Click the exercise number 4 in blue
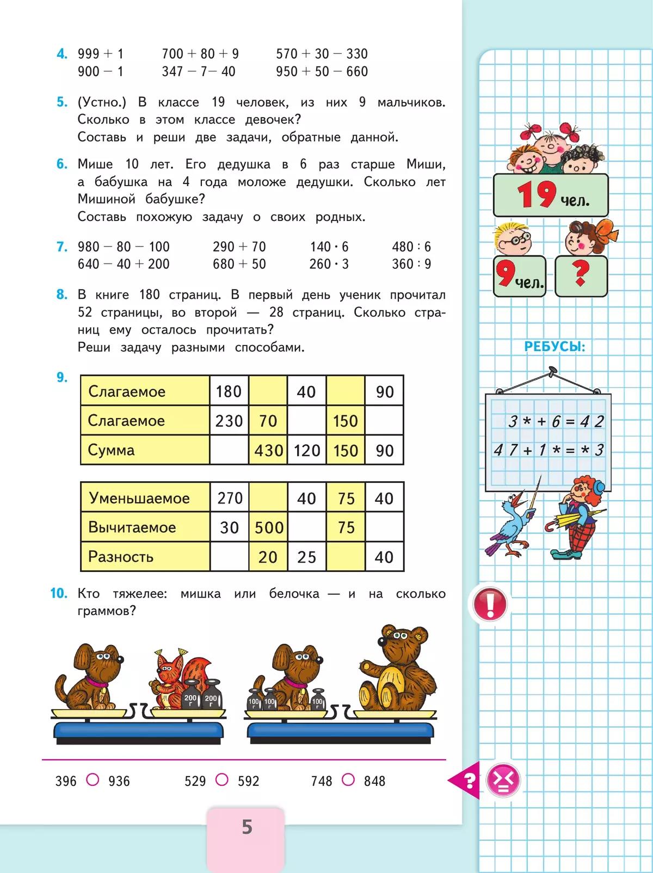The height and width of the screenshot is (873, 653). coord(62,54)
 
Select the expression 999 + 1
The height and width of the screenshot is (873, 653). coord(101,54)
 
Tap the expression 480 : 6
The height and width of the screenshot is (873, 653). coord(411,247)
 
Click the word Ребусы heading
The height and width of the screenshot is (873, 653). coord(555,346)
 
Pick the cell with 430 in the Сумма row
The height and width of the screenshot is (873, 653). coord(268,450)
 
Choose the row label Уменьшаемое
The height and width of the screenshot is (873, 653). coord(139,498)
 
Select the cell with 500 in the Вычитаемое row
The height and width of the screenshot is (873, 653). coord(268,527)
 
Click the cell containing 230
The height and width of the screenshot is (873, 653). coord(229,421)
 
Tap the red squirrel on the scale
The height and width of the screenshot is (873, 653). coord(173,678)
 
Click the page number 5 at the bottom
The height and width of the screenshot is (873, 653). coord(247,827)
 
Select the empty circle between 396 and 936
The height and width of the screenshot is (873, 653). coord(93,780)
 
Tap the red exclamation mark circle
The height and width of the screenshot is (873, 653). coord(490,604)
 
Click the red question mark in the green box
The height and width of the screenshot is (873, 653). coord(581,275)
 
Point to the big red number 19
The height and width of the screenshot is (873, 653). coord(536,194)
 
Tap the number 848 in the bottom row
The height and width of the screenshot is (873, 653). coord(374,781)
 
